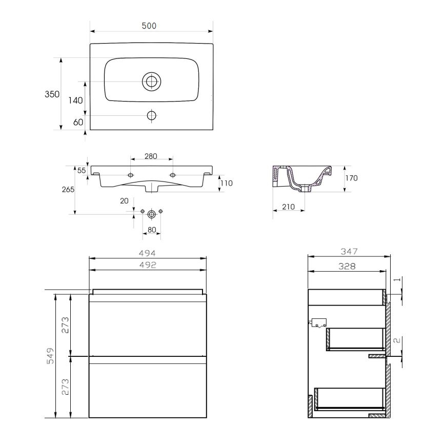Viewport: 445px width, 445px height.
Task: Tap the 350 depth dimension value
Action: (x=52, y=94)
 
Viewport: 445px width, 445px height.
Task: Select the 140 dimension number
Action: (x=75, y=100)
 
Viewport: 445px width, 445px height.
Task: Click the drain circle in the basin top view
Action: (x=151, y=81)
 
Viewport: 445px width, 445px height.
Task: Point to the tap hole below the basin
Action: (x=151, y=115)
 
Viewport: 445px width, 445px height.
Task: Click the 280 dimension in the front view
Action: (x=150, y=156)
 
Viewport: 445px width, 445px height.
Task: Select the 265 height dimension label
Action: (x=67, y=189)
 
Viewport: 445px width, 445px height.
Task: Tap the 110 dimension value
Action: (x=226, y=183)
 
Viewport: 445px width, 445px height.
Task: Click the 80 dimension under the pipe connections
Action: (x=152, y=231)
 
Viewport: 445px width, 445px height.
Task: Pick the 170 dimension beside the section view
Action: (x=351, y=178)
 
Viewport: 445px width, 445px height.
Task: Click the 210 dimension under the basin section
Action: (x=288, y=207)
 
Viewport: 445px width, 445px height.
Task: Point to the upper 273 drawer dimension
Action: (x=65, y=325)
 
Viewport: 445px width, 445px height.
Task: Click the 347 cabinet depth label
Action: (x=347, y=251)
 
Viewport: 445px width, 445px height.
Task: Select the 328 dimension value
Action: (x=347, y=266)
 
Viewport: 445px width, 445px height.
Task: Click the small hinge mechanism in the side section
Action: (x=317, y=322)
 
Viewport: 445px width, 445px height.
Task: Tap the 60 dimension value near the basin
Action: (x=78, y=122)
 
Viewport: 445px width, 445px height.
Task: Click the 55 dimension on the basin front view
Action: (x=82, y=171)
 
